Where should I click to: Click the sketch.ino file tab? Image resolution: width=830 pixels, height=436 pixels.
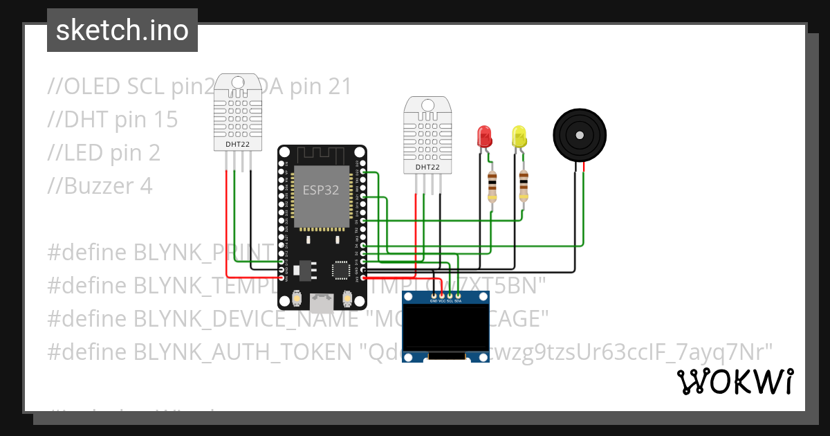(x=122, y=30)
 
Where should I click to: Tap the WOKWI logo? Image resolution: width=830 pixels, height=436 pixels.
(x=734, y=381)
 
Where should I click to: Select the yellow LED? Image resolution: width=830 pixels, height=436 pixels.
(x=519, y=136)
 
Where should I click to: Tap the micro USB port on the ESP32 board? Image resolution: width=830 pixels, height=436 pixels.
(x=322, y=302)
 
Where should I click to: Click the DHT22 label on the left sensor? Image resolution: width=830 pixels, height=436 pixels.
(x=238, y=145)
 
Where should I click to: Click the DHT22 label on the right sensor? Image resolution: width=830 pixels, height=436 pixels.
(x=427, y=167)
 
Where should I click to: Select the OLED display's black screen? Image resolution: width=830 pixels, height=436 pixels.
(x=445, y=328)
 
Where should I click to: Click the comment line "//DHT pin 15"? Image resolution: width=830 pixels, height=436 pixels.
(x=113, y=120)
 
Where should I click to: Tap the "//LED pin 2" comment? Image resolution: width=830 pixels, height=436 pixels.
(x=104, y=153)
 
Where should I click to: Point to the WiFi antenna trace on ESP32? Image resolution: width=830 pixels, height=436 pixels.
(x=322, y=155)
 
